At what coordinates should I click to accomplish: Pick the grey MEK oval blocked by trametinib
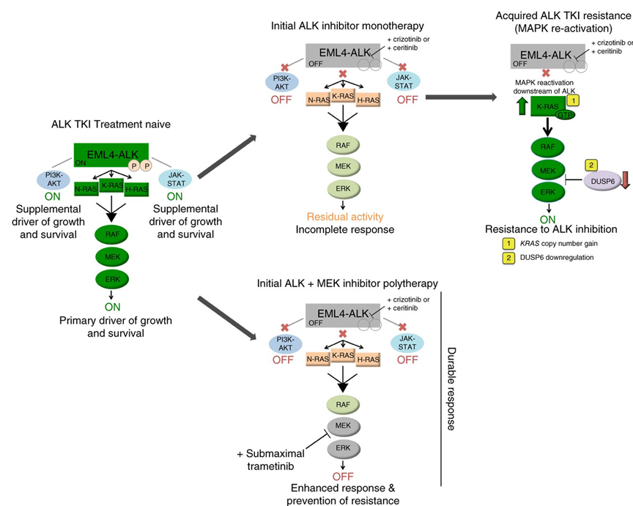[x=341, y=426]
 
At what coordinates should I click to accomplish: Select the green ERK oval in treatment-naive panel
[x=111, y=278]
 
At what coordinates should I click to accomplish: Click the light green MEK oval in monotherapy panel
[x=341, y=165]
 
